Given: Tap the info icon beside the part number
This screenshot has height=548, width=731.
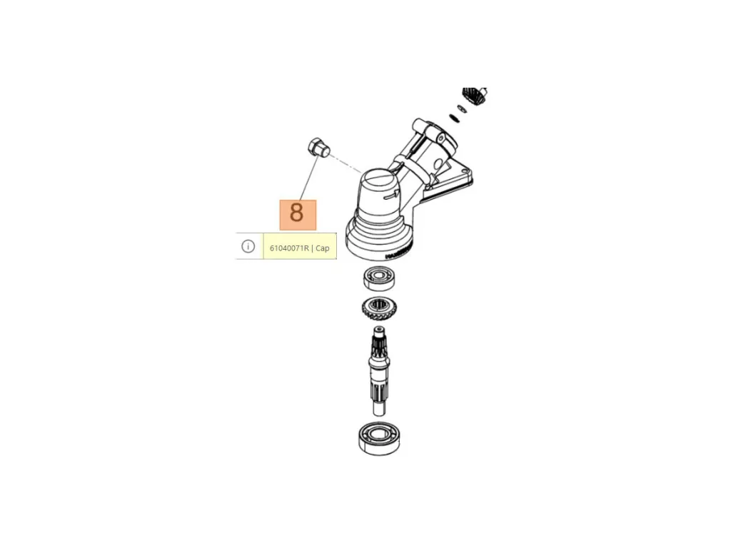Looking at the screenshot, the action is click(x=248, y=246).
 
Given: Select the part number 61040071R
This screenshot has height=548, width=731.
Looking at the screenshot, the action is click(x=289, y=248).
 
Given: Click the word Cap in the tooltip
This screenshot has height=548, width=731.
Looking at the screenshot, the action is click(x=323, y=248).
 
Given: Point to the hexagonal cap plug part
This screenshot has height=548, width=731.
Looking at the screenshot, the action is click(x=318, y=147).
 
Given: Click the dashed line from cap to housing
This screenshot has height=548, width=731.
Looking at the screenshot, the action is click(x=346, y=164).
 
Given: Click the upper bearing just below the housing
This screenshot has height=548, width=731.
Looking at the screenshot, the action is click(x=379, y=278).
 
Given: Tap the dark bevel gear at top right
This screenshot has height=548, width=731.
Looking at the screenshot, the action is click(x=475, y=96).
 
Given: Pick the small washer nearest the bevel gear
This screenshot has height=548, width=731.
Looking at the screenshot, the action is click(x=461, y=108).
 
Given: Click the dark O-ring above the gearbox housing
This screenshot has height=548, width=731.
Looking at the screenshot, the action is click(x=454, y=118).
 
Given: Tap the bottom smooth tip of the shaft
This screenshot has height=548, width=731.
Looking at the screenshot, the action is click(x=380, y=407).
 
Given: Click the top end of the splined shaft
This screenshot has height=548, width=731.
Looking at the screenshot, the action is click(x=378, y=331).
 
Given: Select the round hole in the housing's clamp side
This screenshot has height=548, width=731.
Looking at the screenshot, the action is click(x=439, y=163).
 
